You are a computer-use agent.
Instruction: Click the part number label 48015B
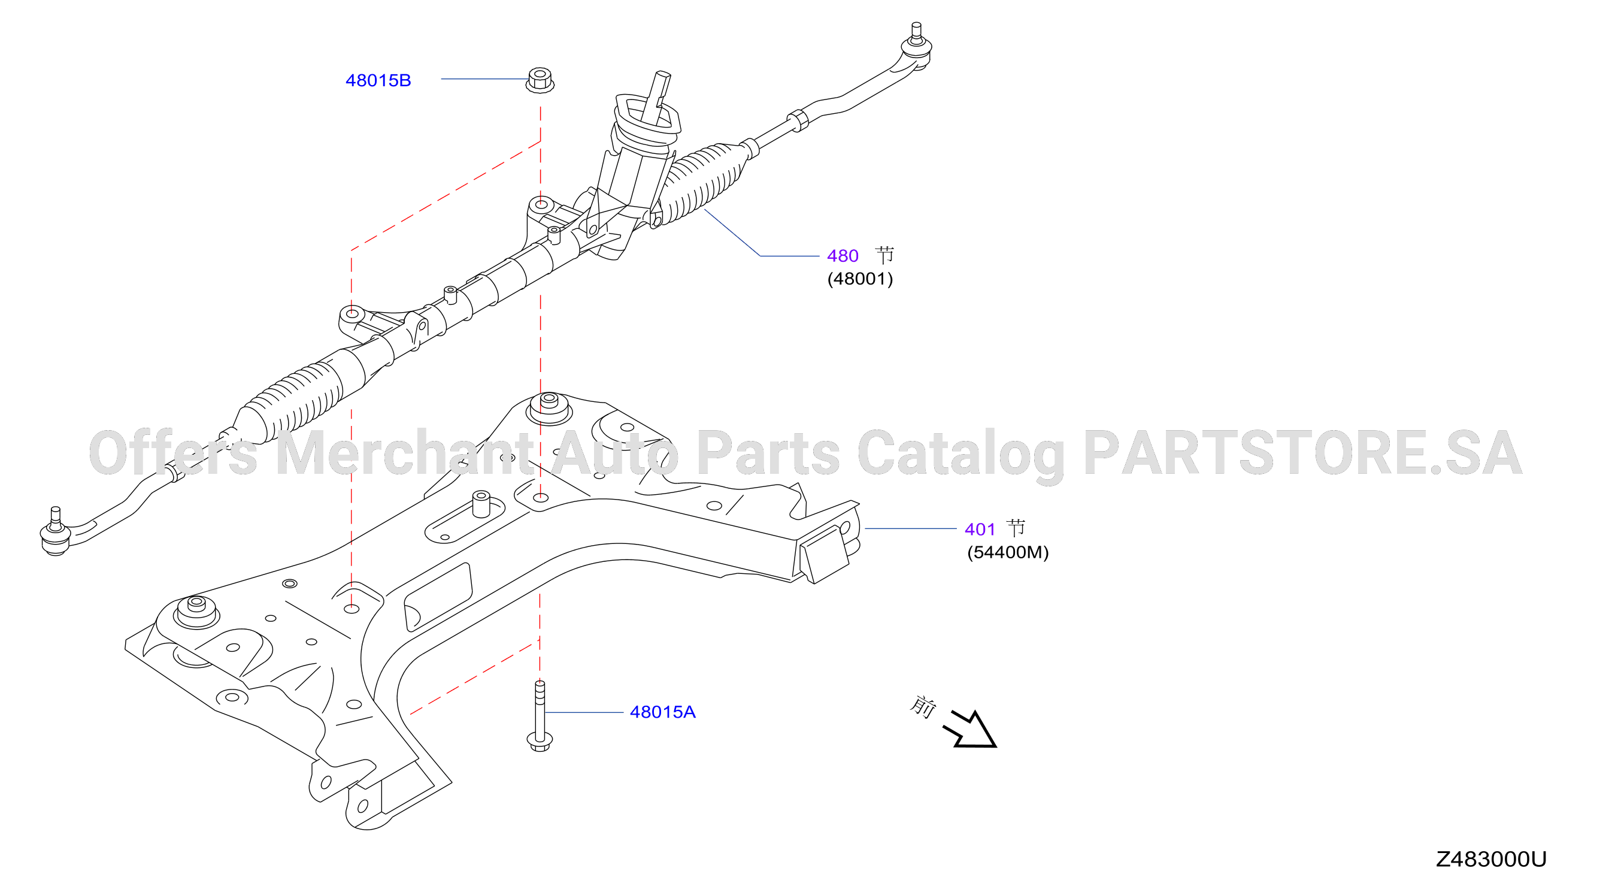click(x=378, y=81)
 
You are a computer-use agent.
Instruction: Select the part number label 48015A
click(x=662, y=712)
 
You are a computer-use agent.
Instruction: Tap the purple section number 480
click(x=843, y=256)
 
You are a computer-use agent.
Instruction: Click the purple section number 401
click(x=980, y=529)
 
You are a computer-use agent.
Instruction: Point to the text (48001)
click(x=860, y=279)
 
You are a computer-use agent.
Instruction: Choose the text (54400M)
click(x=1008, y=552)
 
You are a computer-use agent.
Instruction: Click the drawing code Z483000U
click(x=1490, y=859)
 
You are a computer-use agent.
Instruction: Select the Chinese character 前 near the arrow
click(x=923, y=706)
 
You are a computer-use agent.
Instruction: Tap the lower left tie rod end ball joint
click(x=55, y=533)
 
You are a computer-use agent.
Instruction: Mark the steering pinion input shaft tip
click(x=663, y=75)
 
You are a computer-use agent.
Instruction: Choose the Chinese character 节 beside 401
click(x=1016, y=528)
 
